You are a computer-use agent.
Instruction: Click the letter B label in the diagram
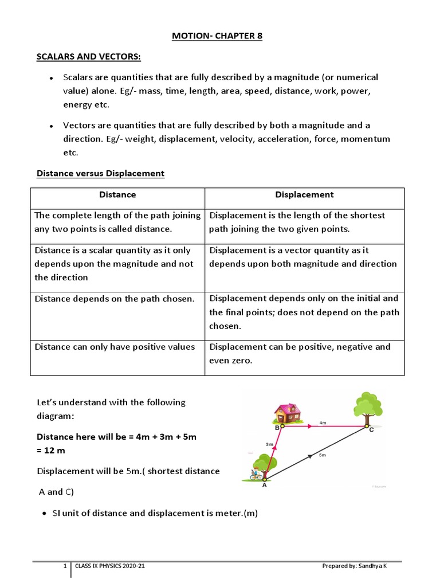[x=277, y=428]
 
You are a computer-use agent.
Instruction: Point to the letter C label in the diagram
[x=371, y=429]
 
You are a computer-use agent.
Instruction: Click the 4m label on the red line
[x=323, y=422]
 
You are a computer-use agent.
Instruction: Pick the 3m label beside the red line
[x=269, y=444]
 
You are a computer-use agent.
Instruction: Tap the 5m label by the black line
[x=323, y=456]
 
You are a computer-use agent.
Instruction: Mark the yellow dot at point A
[x=265, y=478]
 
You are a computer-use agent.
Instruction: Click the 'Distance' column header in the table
[x=117, y=195]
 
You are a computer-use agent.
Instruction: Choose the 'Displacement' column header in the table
[x=304, y=195]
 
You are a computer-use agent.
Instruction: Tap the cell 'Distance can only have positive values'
[x=115, y=347]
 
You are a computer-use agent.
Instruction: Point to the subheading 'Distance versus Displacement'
[x=100, y=173]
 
